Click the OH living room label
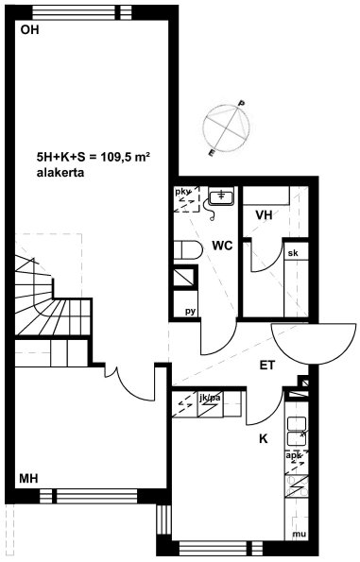[29, 29]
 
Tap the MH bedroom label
[28, 478]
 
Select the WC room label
[222, 246]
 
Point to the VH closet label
[264, 215]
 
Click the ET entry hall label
[267, 366]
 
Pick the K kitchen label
[264, 438]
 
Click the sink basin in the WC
[221, 196]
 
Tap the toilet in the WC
[188, 249]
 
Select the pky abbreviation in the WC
[182, 192]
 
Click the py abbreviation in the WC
[191, 311]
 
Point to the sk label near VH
[293, 253]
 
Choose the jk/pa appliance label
[210, 398]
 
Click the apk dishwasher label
[294, 456]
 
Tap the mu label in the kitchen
[299, 534]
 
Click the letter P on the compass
[242, 104]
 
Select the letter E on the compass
[212, 153]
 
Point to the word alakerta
[60, 173]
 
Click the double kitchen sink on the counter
[297, 431]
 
